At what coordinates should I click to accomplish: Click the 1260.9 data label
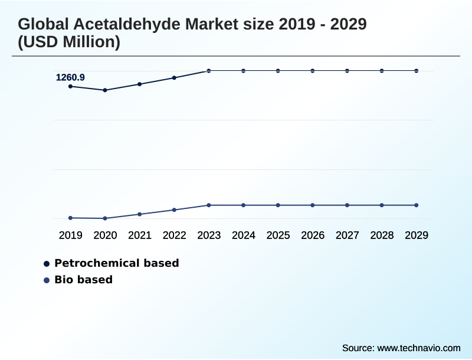(70, 77)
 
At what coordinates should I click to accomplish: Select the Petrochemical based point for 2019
(71, 87)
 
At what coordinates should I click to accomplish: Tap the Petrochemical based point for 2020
(105, 90)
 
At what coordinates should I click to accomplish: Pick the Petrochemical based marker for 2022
(174, 77)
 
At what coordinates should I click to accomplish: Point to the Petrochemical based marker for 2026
(313, 71)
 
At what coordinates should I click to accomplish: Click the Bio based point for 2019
(71, 218)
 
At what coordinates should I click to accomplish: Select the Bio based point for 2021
(140, 214)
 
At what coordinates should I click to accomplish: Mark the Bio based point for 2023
(209, 205)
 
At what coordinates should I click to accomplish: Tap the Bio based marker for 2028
(382, 205)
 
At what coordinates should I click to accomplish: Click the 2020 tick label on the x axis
(105, 235)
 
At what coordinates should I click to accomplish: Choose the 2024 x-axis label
(244, 235)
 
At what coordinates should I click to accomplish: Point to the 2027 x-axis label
(348, 235)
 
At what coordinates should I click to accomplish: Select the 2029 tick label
(417, 235)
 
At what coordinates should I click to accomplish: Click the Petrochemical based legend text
(116, 263)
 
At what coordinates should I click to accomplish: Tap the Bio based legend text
(83, 280)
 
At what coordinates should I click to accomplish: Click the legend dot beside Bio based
(47, 280)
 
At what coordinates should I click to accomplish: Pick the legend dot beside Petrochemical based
(47, 264)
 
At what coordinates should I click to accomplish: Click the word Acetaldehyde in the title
(125, 24)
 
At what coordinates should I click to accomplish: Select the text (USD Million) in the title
(69, 42)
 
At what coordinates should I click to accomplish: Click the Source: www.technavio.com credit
(401, 348)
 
